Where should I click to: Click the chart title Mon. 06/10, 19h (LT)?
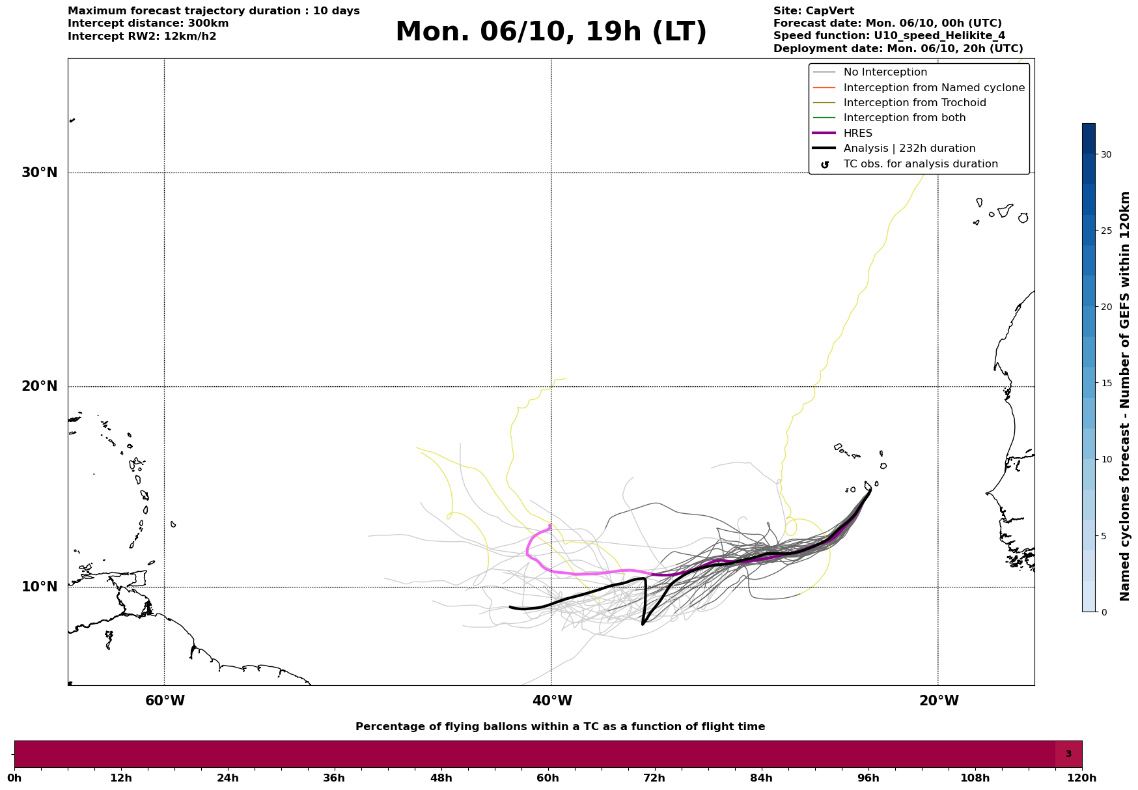pos(551,32)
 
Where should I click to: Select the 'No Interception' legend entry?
pos(885,72)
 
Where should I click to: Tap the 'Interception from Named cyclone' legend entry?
pos(934,88)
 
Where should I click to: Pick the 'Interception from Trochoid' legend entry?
pos(914,103)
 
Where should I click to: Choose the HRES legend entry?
pos(857,134)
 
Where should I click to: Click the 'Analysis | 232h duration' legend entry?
pos(909,148)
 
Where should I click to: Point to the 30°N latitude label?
pos(40,173)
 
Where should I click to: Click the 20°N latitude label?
pos(40,386)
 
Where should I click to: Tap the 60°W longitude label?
pos(165,701)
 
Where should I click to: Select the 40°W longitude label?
pos(552,701)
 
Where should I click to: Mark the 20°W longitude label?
pos(939,701)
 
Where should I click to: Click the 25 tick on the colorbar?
pos(1106,231)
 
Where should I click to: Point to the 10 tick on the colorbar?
pos(1106,459)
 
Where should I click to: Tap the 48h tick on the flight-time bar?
pos(441,778)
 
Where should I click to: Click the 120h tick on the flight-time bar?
pos(1082,778)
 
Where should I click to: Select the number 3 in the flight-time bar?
pos(1068,754)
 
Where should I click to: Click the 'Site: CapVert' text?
pos(814,11)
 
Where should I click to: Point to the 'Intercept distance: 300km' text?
pos(148,23)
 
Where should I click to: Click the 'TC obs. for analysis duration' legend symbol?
pos(825,165)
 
